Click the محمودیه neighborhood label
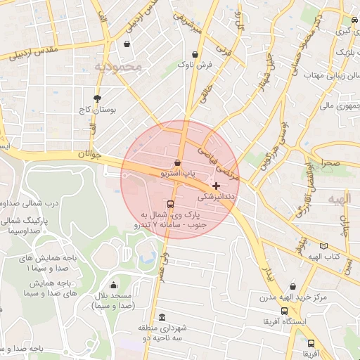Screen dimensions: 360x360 pos(119,67)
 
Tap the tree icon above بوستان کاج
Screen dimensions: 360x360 pos(97,98)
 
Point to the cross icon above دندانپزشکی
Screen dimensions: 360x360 pos(215,186)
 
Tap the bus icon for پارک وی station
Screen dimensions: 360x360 pos(169,205)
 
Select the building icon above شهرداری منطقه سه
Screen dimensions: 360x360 pos(162,317)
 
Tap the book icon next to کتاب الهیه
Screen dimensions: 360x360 pos(323,246)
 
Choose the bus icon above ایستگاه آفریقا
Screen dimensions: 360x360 pos(283,311)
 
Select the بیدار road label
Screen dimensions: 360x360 pos(267,274)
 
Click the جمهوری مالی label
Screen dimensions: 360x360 pos(338,105)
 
